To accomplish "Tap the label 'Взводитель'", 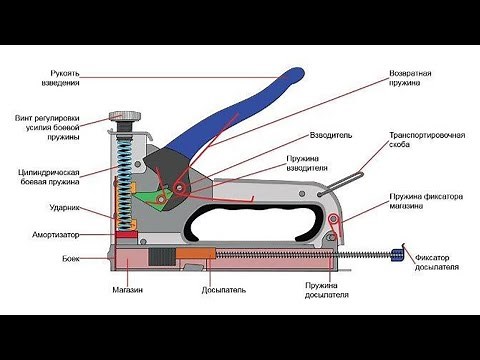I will pos(332,133).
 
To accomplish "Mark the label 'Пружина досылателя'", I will pos(326,291).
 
